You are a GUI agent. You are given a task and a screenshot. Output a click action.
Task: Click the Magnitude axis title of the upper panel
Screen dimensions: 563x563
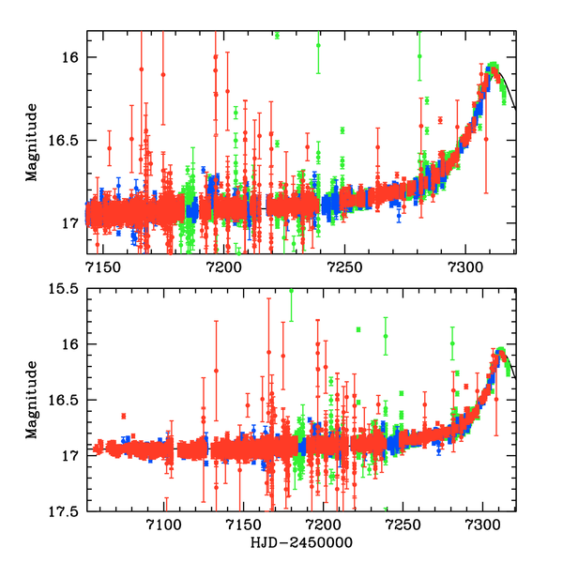tap(32, 142)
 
